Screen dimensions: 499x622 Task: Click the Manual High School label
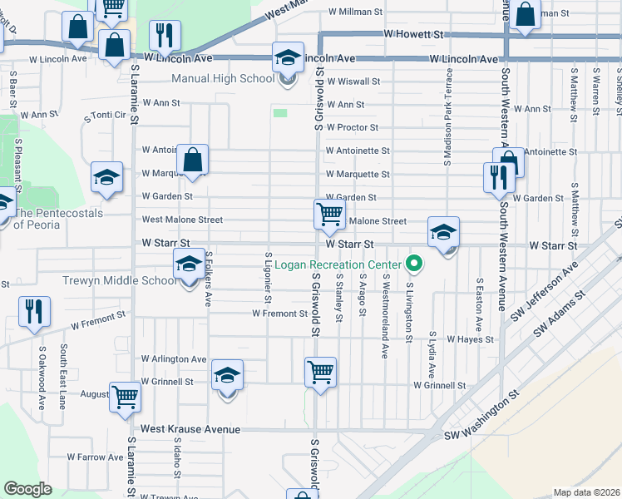[x=222, y=79]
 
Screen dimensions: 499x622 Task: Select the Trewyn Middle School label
[x=119, y=280]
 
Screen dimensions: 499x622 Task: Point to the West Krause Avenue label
[x=190, y=429]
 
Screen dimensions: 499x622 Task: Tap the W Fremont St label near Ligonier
[x=279, y=314]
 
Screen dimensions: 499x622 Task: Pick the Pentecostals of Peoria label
[x=58, y=219]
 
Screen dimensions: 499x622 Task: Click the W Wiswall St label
[x=353, y=82]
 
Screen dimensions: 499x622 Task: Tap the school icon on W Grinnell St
[x=227, y=375]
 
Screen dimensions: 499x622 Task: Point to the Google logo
[x=27, y=489]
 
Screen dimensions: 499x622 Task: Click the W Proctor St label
[x=352, y=127]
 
